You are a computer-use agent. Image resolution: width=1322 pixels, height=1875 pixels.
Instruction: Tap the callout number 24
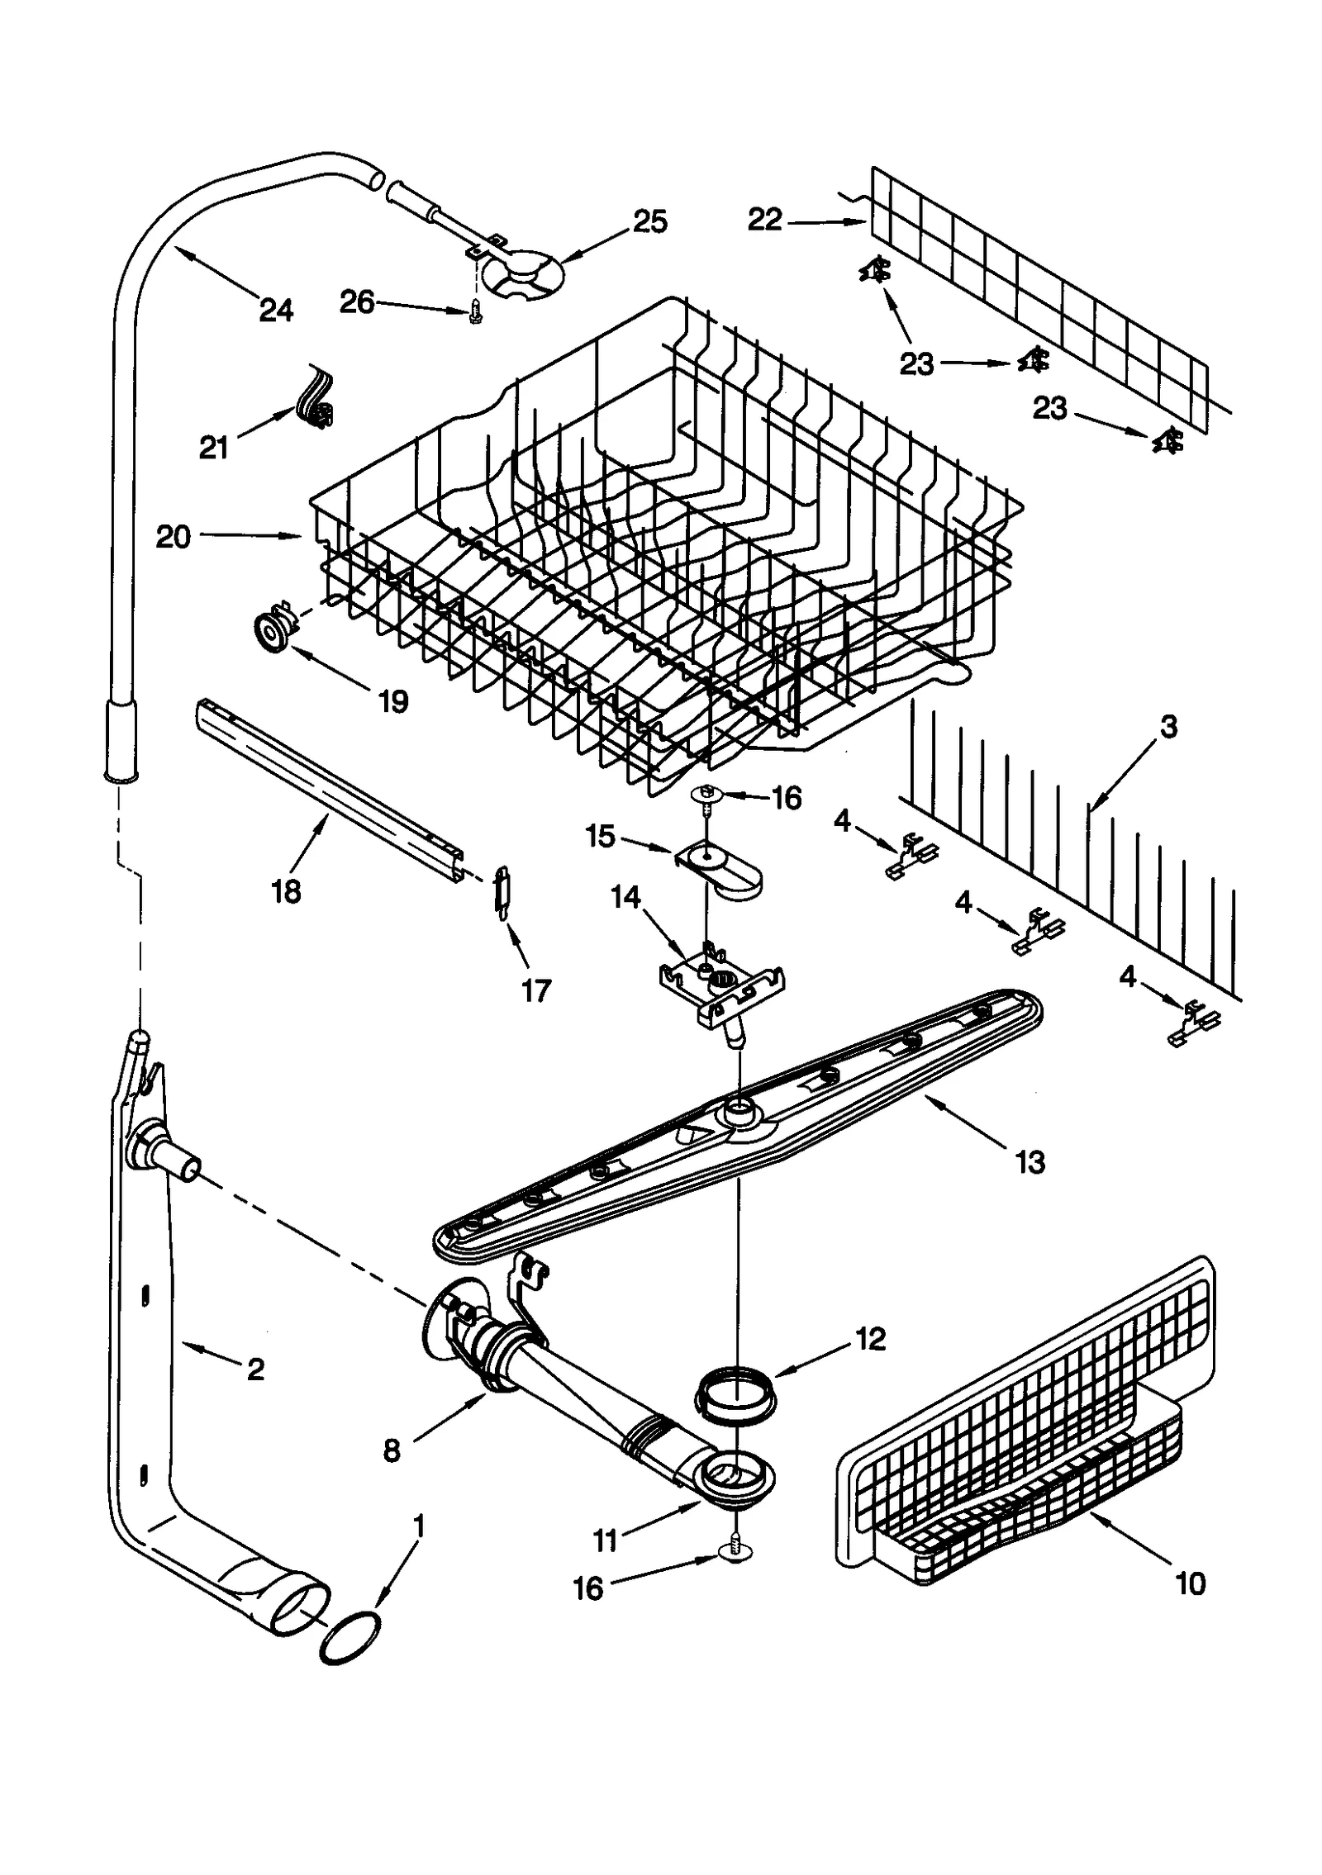(x=276, y=311)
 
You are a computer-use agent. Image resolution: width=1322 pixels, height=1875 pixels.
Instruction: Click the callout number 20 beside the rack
(x=174, y=537)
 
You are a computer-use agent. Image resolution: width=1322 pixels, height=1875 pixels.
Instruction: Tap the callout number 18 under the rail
(x=286, y=892)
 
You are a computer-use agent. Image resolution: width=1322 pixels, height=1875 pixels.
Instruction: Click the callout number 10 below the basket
(x=1191, y=1583)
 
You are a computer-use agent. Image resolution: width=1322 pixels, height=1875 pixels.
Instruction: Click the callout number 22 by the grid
(x=765, y=220)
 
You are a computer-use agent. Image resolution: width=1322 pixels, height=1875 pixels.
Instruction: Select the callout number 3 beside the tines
(x=1168, y=727)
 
